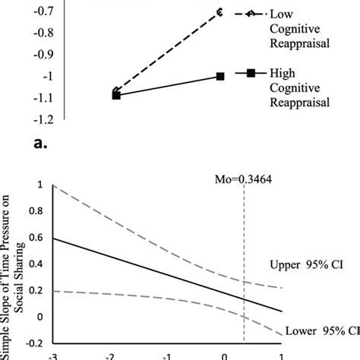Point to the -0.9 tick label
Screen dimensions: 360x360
tap(43, 55)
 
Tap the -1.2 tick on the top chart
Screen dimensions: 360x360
tap(43, 119)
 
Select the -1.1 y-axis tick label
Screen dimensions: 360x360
tap(43, 98)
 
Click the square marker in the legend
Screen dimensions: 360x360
tap(249, 74)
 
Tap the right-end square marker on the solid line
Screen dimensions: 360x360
tap(220, 77)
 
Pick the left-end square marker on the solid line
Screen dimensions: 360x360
tap(116, 95)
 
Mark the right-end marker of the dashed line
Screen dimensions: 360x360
tap(220, 12)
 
